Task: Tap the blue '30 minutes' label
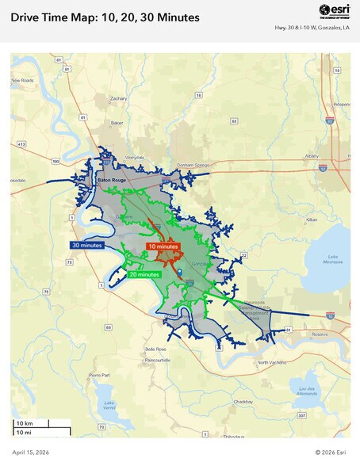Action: pos(86,246)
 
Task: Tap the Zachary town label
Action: pos(118,99)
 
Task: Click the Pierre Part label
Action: pos(99,374)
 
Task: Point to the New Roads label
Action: pos(21,81)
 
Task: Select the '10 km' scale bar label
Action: pos(25,423)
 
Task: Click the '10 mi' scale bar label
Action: pos(25,432)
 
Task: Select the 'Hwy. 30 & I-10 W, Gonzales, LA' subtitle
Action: pos(311,29)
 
